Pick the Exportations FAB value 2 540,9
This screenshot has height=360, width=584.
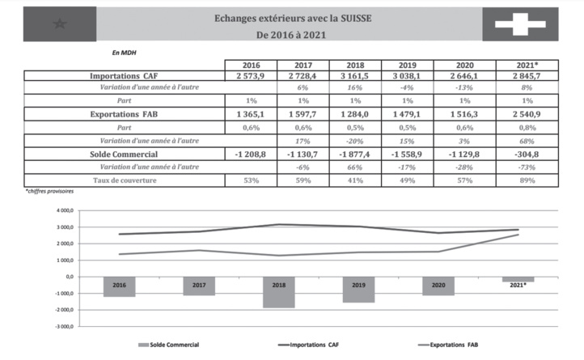click(526, 115)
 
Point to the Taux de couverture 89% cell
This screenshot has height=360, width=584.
click(526, 180)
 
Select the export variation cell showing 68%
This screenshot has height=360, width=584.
click(526, 141)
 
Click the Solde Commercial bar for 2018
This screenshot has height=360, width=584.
click(278, 292)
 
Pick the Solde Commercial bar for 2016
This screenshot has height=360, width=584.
click(120, 286)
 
